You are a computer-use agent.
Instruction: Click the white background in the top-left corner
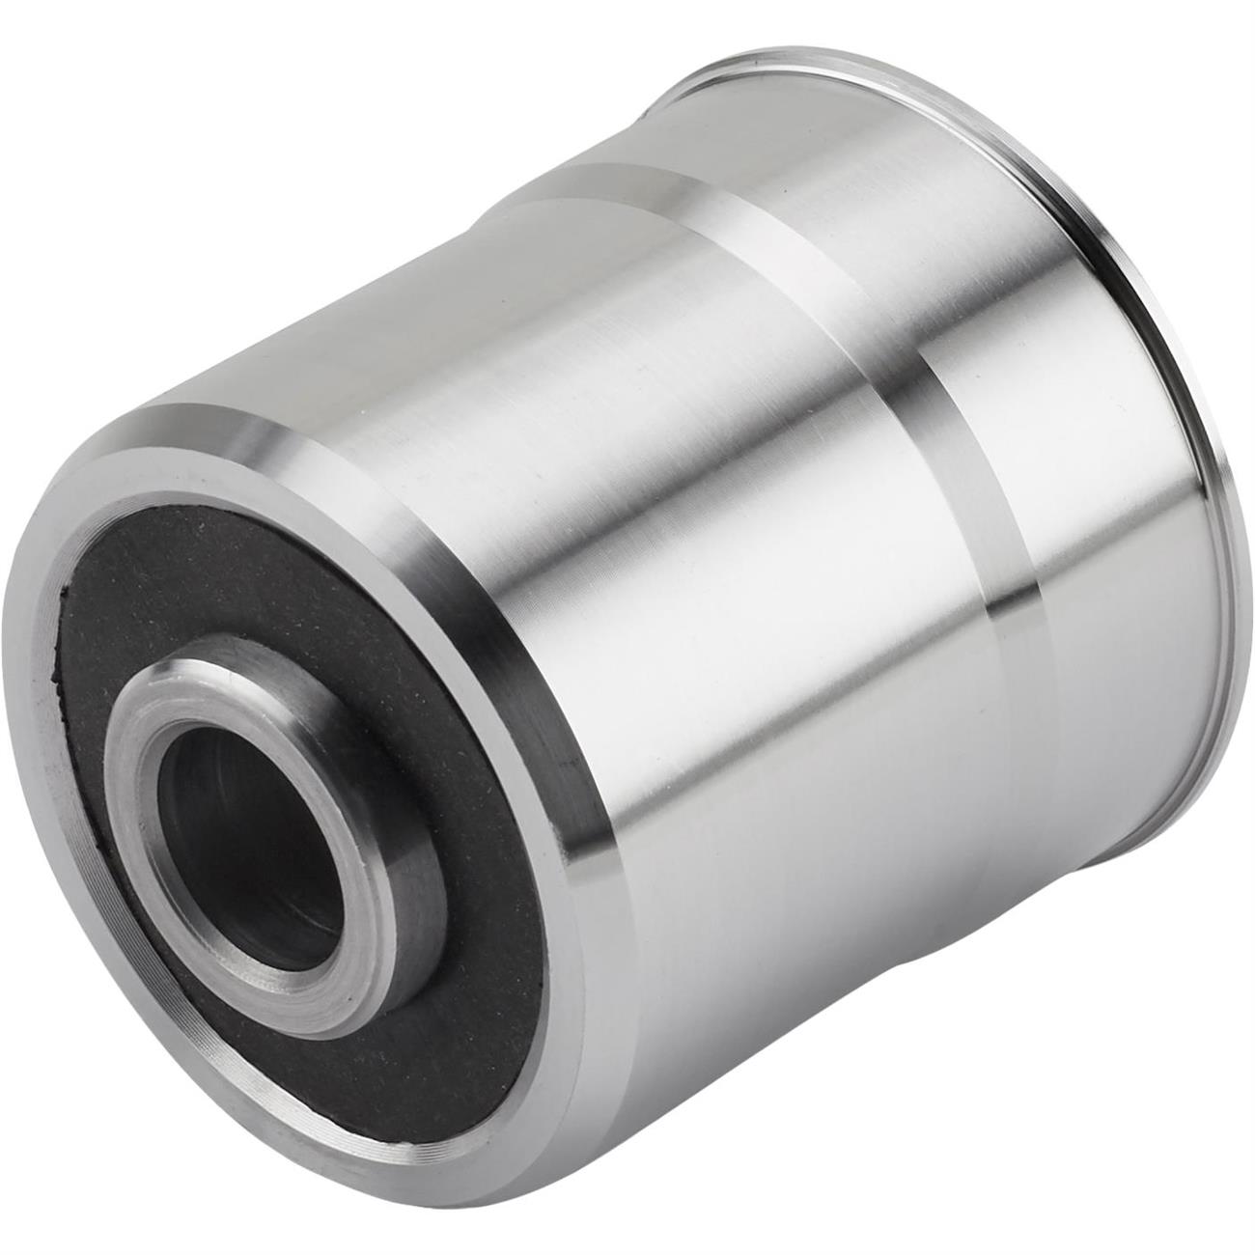tap(77, 77)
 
